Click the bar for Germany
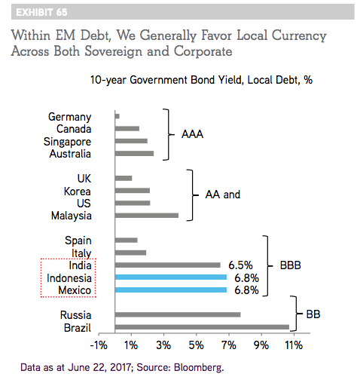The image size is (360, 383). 117,116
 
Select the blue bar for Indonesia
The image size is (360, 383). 171,277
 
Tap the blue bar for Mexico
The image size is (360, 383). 171,290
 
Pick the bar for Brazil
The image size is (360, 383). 202,327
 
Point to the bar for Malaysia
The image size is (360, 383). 147,216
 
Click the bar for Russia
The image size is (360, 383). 178,314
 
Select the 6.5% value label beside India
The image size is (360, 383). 240,265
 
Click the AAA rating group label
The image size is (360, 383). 192,134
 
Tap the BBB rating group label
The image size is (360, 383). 291,265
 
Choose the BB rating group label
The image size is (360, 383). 313,314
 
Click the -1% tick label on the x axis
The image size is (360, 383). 99,345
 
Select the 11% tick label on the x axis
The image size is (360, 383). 294,345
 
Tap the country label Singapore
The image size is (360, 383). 67,142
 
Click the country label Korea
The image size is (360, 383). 78,191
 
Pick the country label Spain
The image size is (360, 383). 78,241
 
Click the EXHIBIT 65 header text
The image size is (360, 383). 41,12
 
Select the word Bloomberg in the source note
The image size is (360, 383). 199,367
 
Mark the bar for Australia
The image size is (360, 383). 134,153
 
